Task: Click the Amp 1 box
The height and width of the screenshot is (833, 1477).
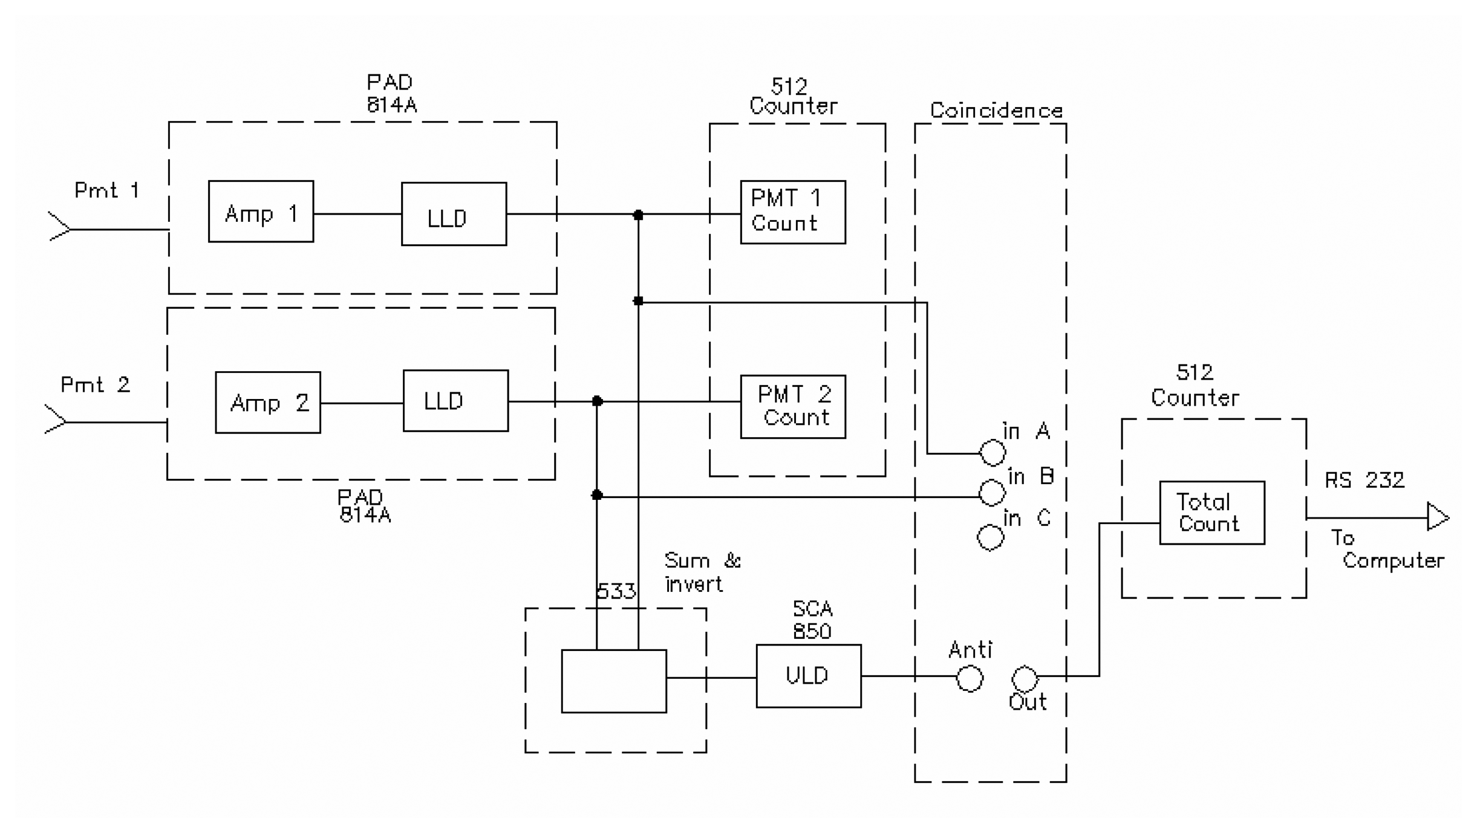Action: pos(261,212)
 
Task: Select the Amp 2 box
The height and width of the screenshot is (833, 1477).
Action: pos(268,403)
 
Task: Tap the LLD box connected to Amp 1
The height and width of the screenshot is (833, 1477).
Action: pos(454,214)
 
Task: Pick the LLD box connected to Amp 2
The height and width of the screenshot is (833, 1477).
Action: pos(455,401)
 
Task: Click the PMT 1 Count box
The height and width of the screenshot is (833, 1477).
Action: pos(792,212)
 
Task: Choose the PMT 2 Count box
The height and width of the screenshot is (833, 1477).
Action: pos(792,407)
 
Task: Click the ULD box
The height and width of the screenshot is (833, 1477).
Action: pos(808,676)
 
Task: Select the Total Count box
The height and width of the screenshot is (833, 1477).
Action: pos(1211,513)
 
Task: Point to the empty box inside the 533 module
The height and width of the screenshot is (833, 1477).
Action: pos(613,681)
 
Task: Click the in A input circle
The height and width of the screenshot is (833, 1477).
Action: pos(992,453)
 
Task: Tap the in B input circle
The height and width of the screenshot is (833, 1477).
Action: pos(992,493)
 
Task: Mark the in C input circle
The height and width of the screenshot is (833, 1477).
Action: pos(990,537)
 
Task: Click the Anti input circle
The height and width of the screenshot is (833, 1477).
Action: pos(969,678)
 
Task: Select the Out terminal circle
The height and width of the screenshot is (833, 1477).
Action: pos(1024,678)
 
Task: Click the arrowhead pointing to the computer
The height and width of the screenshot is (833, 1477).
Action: pos(1437,517)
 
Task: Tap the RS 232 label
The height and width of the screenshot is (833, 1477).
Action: pos(1364,481)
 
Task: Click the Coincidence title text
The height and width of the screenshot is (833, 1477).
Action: pos(996,111)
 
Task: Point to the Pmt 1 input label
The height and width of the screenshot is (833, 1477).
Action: pos(106,190)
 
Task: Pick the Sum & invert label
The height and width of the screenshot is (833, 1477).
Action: pos(702,572)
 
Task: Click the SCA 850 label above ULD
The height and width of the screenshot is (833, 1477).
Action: pos(812,620)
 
